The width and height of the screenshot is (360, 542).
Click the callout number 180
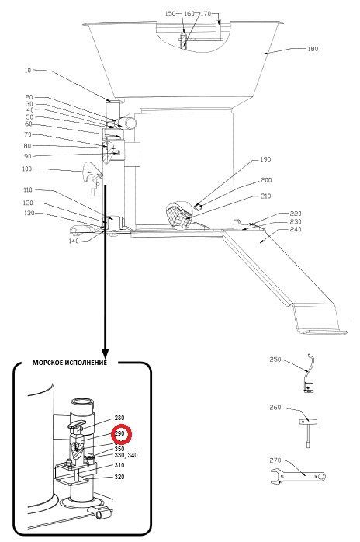click(313, 49)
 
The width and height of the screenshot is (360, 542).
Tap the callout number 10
click(28, 71)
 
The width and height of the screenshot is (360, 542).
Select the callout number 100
click(26, 169)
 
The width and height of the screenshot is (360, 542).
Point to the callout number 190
click(265, 159)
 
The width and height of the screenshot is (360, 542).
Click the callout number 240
click(296, 229)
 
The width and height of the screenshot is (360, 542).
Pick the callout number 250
click(275, 360)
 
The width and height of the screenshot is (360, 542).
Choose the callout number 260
click(275, 408)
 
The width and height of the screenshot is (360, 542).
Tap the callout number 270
click(275, 460)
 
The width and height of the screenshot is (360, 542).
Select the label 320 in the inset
click(119, 477)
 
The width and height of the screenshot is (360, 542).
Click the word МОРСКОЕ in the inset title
click(47, 363)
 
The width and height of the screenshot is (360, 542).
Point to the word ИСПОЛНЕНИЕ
click(85, 363)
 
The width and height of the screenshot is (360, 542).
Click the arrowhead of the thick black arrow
click(106, 354)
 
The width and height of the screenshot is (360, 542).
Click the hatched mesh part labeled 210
click(178, 214)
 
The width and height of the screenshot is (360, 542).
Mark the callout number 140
click(74, 241)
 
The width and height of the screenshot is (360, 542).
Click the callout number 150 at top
click(171, 13)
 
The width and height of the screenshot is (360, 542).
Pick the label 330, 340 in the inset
click(126, 455)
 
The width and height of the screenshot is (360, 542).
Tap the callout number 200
click(266, 180)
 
